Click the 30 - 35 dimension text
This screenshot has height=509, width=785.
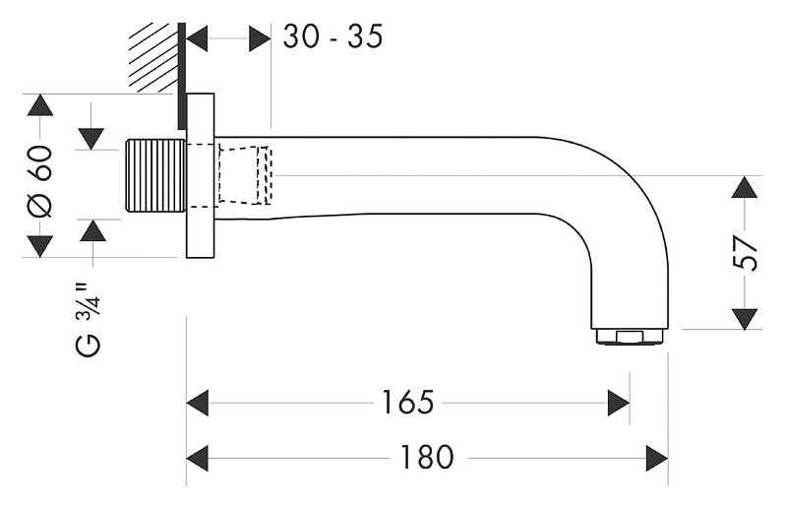pyautogui.click(x=332, y=36)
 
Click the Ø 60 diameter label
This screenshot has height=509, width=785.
pyautogui.click(x=40, y=181)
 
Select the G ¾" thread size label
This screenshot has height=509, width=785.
pyautogui.click(x=89, y=321)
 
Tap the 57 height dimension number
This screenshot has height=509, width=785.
pyautogui.click(x=745, y=254)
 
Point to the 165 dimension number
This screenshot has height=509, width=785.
pyautogui.click(x=407, y=403)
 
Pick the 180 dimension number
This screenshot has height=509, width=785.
pyautogui.click(x=427, y=458)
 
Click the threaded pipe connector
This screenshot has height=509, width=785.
pyautogui.click(x=155, y=175)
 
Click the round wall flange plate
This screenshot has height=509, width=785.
pyautogui.click(x=201, y=175)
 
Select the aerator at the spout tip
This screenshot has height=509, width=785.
pyautogui.click(x=630, y=336)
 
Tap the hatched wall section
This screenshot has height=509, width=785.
pyautogui.click(x=153, y=58)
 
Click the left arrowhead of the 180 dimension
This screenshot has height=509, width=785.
pyautogui.click(x=198, y=458)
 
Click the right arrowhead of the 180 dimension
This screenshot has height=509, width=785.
pyautogui.click(x=657, y=458)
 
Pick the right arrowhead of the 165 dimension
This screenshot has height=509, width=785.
pyautogui.click(x=619, y=403)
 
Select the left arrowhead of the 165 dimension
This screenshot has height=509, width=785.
pyautogui.click(x=198, y=403)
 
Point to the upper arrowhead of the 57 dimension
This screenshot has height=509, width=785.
pyautogui.click(x=745, y=187)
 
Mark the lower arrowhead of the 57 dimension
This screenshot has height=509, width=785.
pyautogui.click(x=745, y=319)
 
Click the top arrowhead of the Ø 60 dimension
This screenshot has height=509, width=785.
pyautogui.click(x=40, y=104)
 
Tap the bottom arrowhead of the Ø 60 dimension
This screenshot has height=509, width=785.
pyautogui.click(x=40, y=246)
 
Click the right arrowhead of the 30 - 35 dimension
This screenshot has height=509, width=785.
pyautogui.click(x=260, y=38)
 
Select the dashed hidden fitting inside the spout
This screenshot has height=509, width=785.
pyautogui.click(x=245, y=175)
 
